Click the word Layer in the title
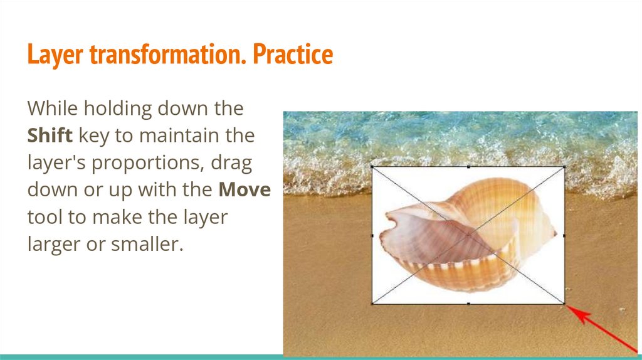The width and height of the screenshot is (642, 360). pos(55,55)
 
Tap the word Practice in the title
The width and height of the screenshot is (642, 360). pos(293,54)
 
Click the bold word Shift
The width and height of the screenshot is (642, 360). pos(50,135)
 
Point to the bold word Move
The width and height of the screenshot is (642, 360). pos(245,189)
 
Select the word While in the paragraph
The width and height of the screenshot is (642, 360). pos(53,108)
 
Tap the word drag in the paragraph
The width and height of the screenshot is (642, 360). pos(231,164)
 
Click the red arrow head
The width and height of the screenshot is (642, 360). pos(577,314)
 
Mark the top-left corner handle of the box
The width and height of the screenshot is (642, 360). pos(372,167)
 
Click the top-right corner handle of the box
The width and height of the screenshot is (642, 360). pos(565,167)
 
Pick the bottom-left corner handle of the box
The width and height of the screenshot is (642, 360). pos(372,304)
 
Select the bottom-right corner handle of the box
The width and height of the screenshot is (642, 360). pos(565,304)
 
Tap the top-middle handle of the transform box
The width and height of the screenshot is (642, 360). pos(468,167)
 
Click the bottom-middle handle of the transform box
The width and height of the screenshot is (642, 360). pos(468,304)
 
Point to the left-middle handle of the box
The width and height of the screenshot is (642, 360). pos(372,235)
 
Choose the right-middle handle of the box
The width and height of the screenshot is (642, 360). pos(565,235)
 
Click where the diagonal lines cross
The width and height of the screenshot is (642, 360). pos(468,235)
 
